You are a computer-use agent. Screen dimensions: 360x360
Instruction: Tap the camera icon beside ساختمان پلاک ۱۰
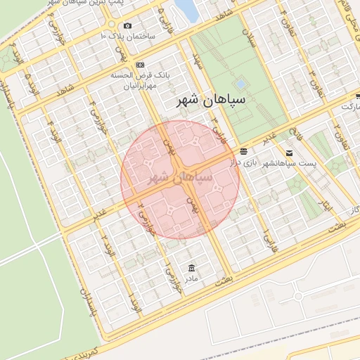tap(128, 26)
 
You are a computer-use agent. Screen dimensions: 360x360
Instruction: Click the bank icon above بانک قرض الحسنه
tap(140, 64)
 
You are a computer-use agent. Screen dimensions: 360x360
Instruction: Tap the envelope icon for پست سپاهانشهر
tap(289, 153)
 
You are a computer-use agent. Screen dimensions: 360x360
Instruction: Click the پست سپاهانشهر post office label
tap(290, 164)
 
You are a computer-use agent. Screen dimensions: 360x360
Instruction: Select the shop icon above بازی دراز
tap(243, 151)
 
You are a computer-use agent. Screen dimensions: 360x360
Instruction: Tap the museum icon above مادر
tap(192, 269)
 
